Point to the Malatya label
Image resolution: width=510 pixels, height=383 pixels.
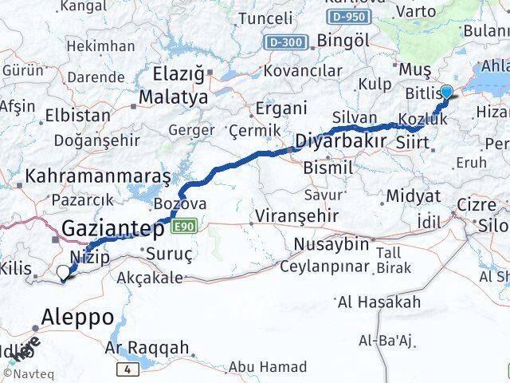coord(173,97)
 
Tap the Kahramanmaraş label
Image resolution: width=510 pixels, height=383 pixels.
coord(98,175)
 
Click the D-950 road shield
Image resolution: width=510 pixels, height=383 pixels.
coord(347,17)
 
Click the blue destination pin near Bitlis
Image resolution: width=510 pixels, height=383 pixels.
coord(446,93)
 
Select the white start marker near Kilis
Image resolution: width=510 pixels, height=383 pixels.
coord(64,272)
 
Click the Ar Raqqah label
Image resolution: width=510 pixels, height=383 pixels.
coord(147,347)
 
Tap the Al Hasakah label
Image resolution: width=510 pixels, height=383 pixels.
coord(379,302)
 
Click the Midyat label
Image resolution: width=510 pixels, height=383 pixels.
coord(412,195)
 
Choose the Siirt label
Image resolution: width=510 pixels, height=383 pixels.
coord(413,144)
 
